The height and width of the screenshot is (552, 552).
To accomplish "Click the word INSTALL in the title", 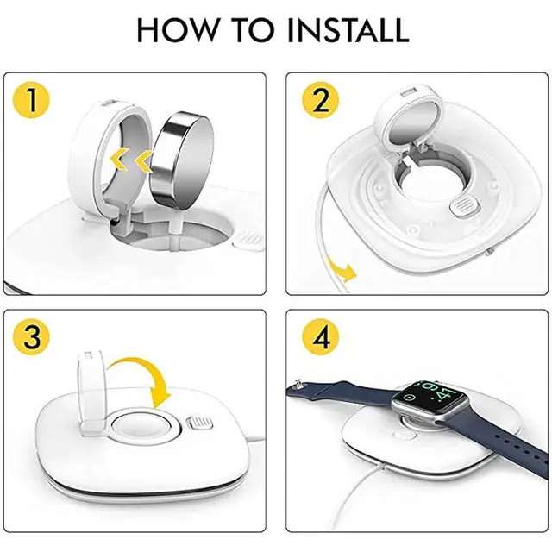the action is pyautogui.click(x=348, y=29).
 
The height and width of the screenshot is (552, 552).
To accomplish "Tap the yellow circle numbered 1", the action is pyautogui.click(x=31, y=100).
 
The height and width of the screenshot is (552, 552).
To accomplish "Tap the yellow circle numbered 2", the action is pyautogui.click(x=320, y=100).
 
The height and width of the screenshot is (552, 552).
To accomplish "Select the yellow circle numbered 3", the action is pyautogui.click(x=31, y=337).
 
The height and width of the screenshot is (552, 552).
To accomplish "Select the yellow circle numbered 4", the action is pyautogui.click(x=320, y=337).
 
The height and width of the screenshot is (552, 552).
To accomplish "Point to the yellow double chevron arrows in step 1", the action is pyautogui.click(x=132, y=160).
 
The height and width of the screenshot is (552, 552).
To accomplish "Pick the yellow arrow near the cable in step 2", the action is pyautogui.click(x=343, y=269).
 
